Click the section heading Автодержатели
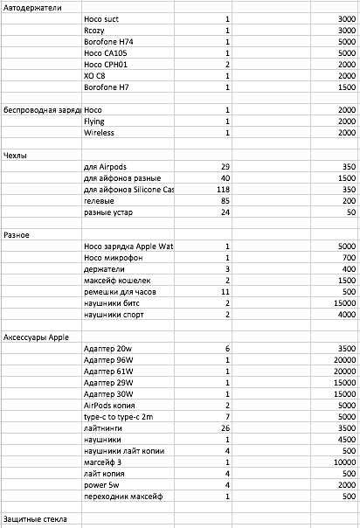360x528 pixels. click(33, 7)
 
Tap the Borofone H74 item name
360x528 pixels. click(108, 41)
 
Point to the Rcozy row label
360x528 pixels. click(94, 30)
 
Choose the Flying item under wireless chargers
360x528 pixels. click(95, 121)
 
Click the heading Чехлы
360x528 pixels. click(16, 155)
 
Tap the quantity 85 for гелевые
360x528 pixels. click(225, 200)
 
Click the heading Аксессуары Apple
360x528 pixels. click(36, 337)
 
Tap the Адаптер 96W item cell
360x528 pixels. click(108, 359)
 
